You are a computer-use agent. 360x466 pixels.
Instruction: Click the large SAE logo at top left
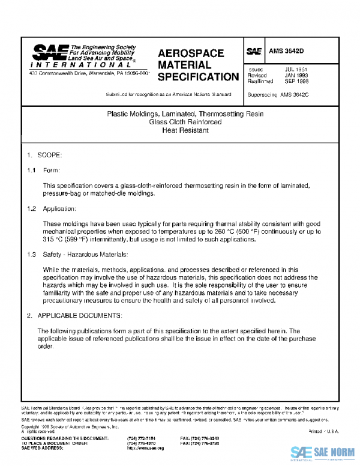pyautogui.click(x=47, y=52)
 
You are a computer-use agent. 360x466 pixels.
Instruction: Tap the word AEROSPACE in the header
pyautogui.click(x=191, y=53)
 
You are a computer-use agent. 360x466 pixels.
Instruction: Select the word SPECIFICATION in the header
pyautogui.click(x=198, y=77)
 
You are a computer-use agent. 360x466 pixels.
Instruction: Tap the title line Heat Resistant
pyautogui.click(x=184, y=130)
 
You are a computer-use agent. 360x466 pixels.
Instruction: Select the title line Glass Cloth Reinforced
pyautogui.click(x=184, y=122)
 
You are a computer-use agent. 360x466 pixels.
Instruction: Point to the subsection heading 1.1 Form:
pyautogui.click(x=43, y=171)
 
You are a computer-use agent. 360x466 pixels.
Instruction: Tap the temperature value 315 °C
pyautogui.click(x=55, y=239)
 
